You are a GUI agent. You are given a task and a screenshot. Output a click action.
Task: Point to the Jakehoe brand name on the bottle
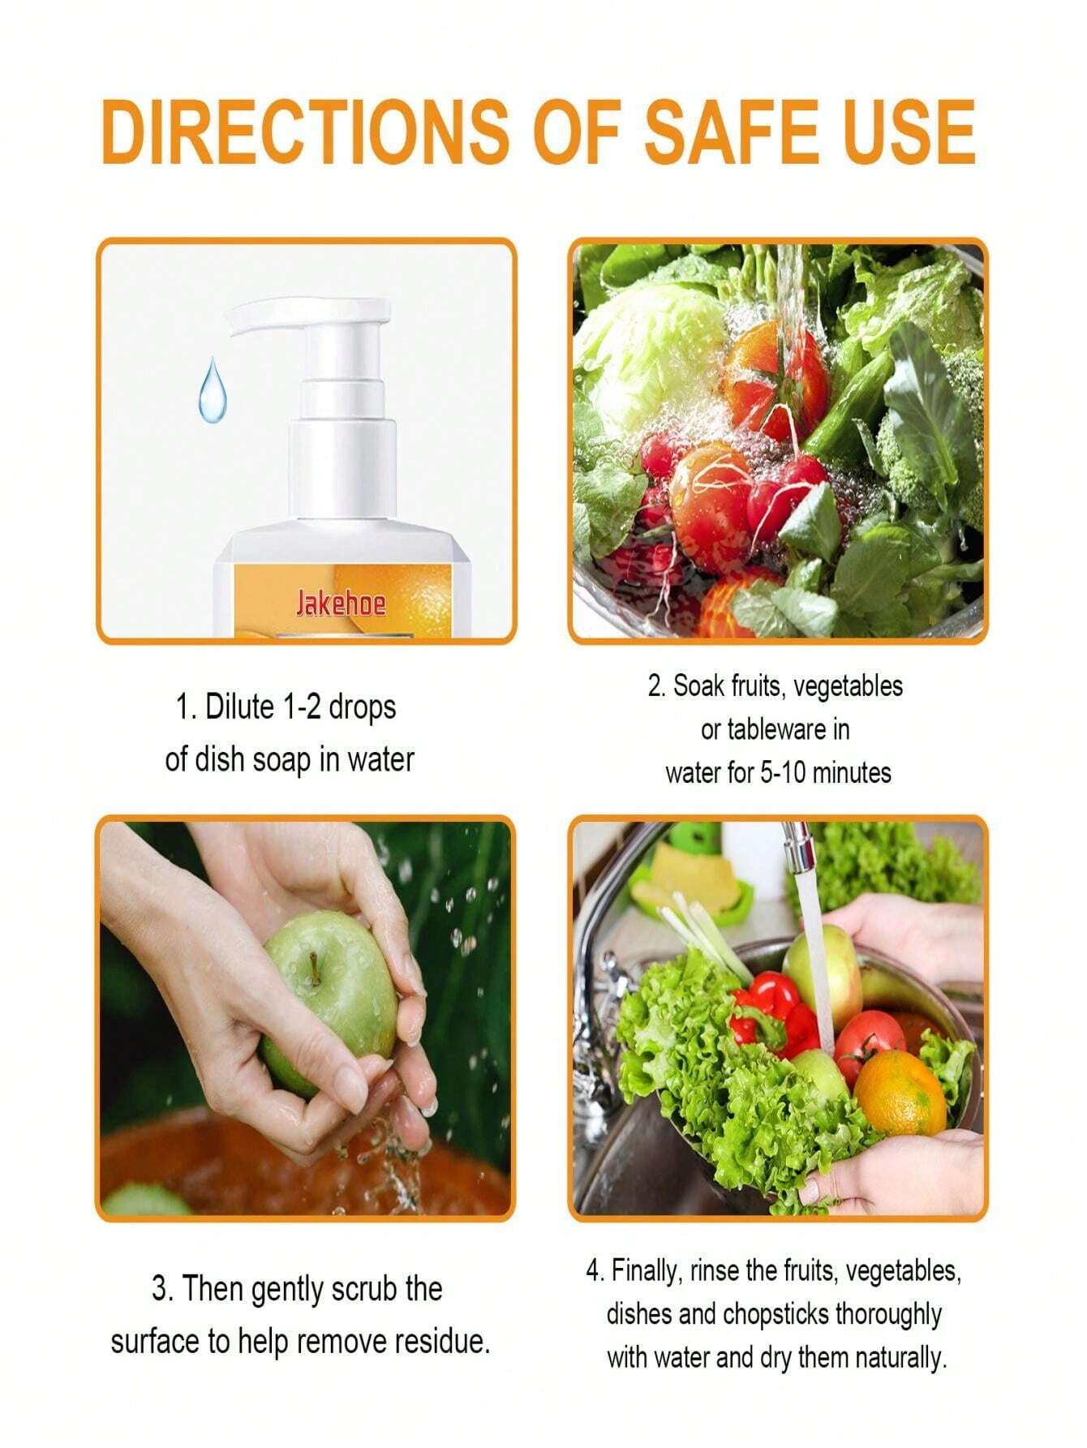340,604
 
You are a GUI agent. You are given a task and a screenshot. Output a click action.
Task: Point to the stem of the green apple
311,968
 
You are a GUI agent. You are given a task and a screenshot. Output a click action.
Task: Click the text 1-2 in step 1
307,707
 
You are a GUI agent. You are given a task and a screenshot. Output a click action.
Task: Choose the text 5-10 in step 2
782,772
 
